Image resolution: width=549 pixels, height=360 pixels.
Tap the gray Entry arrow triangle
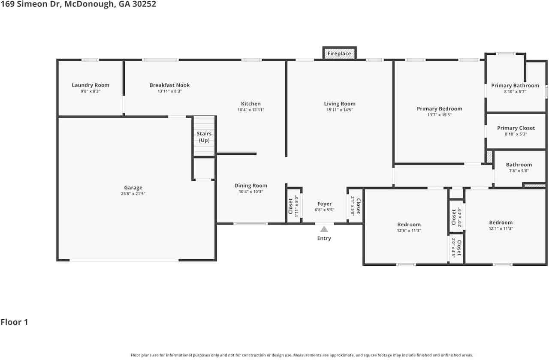[324, 229]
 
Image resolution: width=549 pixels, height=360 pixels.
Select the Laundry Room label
[90, 85]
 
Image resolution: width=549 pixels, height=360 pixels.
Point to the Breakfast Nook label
[169, 85]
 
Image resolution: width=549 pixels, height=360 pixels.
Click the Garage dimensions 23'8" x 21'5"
[133, 194]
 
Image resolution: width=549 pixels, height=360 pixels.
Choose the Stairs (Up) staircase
[204, 136]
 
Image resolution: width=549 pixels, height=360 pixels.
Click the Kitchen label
[251, 104]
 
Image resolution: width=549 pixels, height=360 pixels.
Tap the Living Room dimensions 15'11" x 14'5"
[340, 110]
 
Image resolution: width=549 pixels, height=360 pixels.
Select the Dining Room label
[251, 186]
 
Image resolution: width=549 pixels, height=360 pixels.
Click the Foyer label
[325, 204]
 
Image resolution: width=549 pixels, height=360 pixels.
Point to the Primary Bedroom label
[440, 109]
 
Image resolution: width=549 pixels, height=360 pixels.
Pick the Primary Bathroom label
[515, 85]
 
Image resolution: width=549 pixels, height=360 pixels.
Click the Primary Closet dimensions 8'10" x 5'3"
[516, 134]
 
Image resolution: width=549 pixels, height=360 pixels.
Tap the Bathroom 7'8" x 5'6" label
[519, 167]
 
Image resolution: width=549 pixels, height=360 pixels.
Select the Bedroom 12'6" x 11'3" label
[409, 227]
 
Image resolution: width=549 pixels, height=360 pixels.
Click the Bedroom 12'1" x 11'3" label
[501, 225]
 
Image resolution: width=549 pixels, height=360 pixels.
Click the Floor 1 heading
[15, 322]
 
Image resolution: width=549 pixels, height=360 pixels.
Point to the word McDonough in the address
[89, 4]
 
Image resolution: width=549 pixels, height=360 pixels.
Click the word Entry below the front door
[324, 238]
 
